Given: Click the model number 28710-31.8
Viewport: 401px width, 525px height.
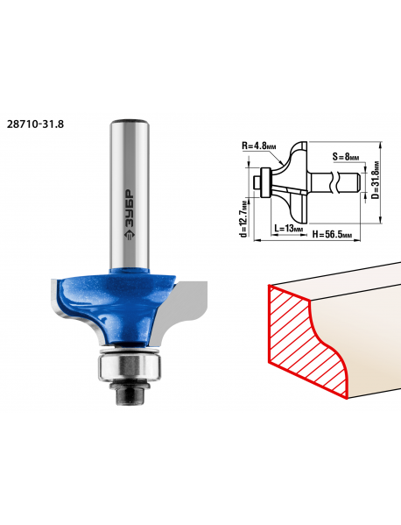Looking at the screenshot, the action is [x=35, y=124].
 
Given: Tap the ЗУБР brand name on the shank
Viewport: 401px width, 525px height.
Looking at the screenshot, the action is [x=130, y=208].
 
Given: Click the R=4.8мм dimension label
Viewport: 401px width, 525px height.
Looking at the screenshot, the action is [x=259, y=146].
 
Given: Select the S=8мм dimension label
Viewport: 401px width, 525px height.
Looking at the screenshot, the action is [x=346, y=156].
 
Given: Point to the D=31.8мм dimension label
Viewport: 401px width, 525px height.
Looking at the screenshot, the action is [x=376, y=181].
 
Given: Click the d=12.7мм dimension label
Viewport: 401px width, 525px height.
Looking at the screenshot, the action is [x=244, y=218].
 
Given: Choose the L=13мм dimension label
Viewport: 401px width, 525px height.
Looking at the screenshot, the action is [x=289, y=229].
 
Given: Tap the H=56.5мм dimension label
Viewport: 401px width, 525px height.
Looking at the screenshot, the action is [x=332, y=234].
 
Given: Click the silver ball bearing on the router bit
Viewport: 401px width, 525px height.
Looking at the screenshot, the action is [x=130, y=367].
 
